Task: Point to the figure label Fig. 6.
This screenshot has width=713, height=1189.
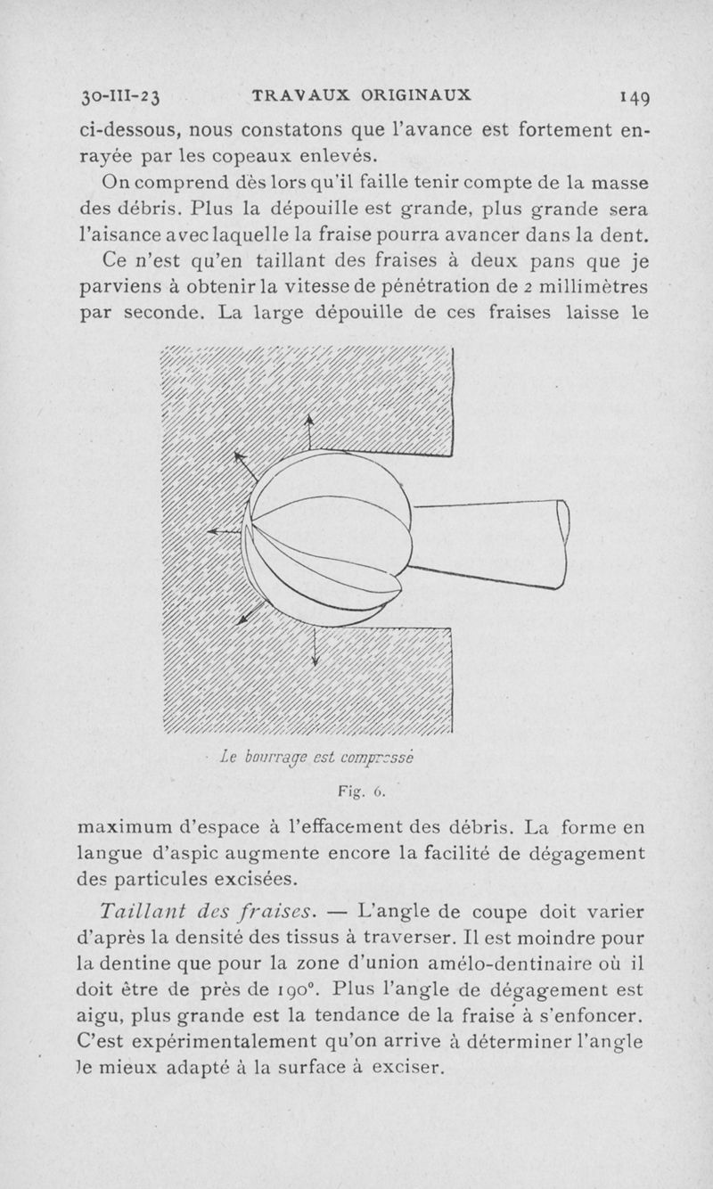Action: pos(359,791)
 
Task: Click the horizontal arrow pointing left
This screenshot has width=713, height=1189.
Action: pos(225,532)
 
